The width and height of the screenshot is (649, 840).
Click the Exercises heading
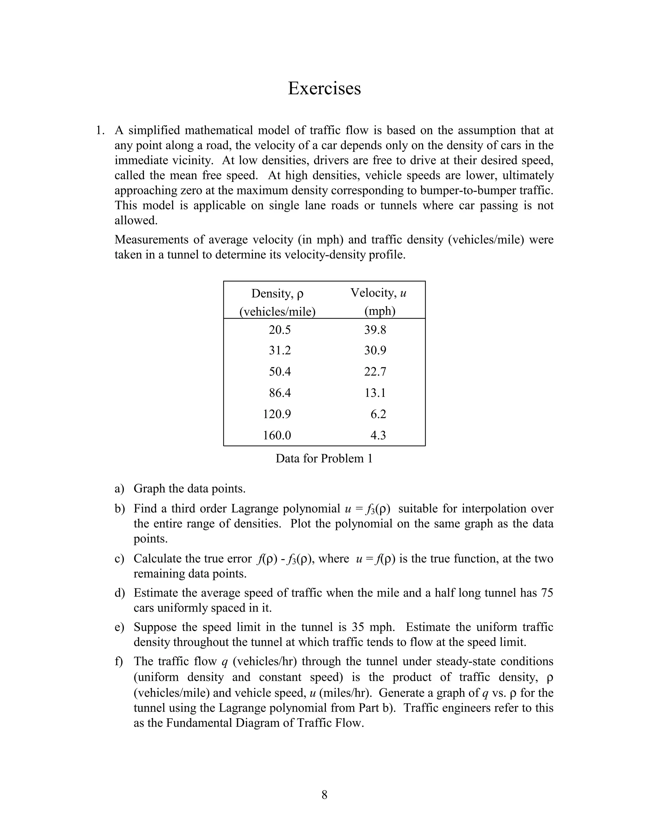pos(324,88)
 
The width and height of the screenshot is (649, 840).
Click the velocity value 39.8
pos(375,330)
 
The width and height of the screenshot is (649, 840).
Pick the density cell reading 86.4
pos(280,393)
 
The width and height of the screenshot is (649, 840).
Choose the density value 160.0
pos(277,435)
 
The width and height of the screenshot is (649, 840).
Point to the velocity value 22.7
pos(375,372)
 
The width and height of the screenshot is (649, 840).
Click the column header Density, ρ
pos(277,294)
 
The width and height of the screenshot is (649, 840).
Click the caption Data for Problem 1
pos(324,458)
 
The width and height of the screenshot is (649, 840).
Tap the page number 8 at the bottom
pos(324,795)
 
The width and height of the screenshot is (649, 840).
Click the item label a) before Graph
pos(119,489)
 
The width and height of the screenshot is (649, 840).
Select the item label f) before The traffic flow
pos(119,661)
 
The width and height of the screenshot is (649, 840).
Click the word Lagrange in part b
pos(255,509)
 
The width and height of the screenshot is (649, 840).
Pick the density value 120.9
pos(277,414)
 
